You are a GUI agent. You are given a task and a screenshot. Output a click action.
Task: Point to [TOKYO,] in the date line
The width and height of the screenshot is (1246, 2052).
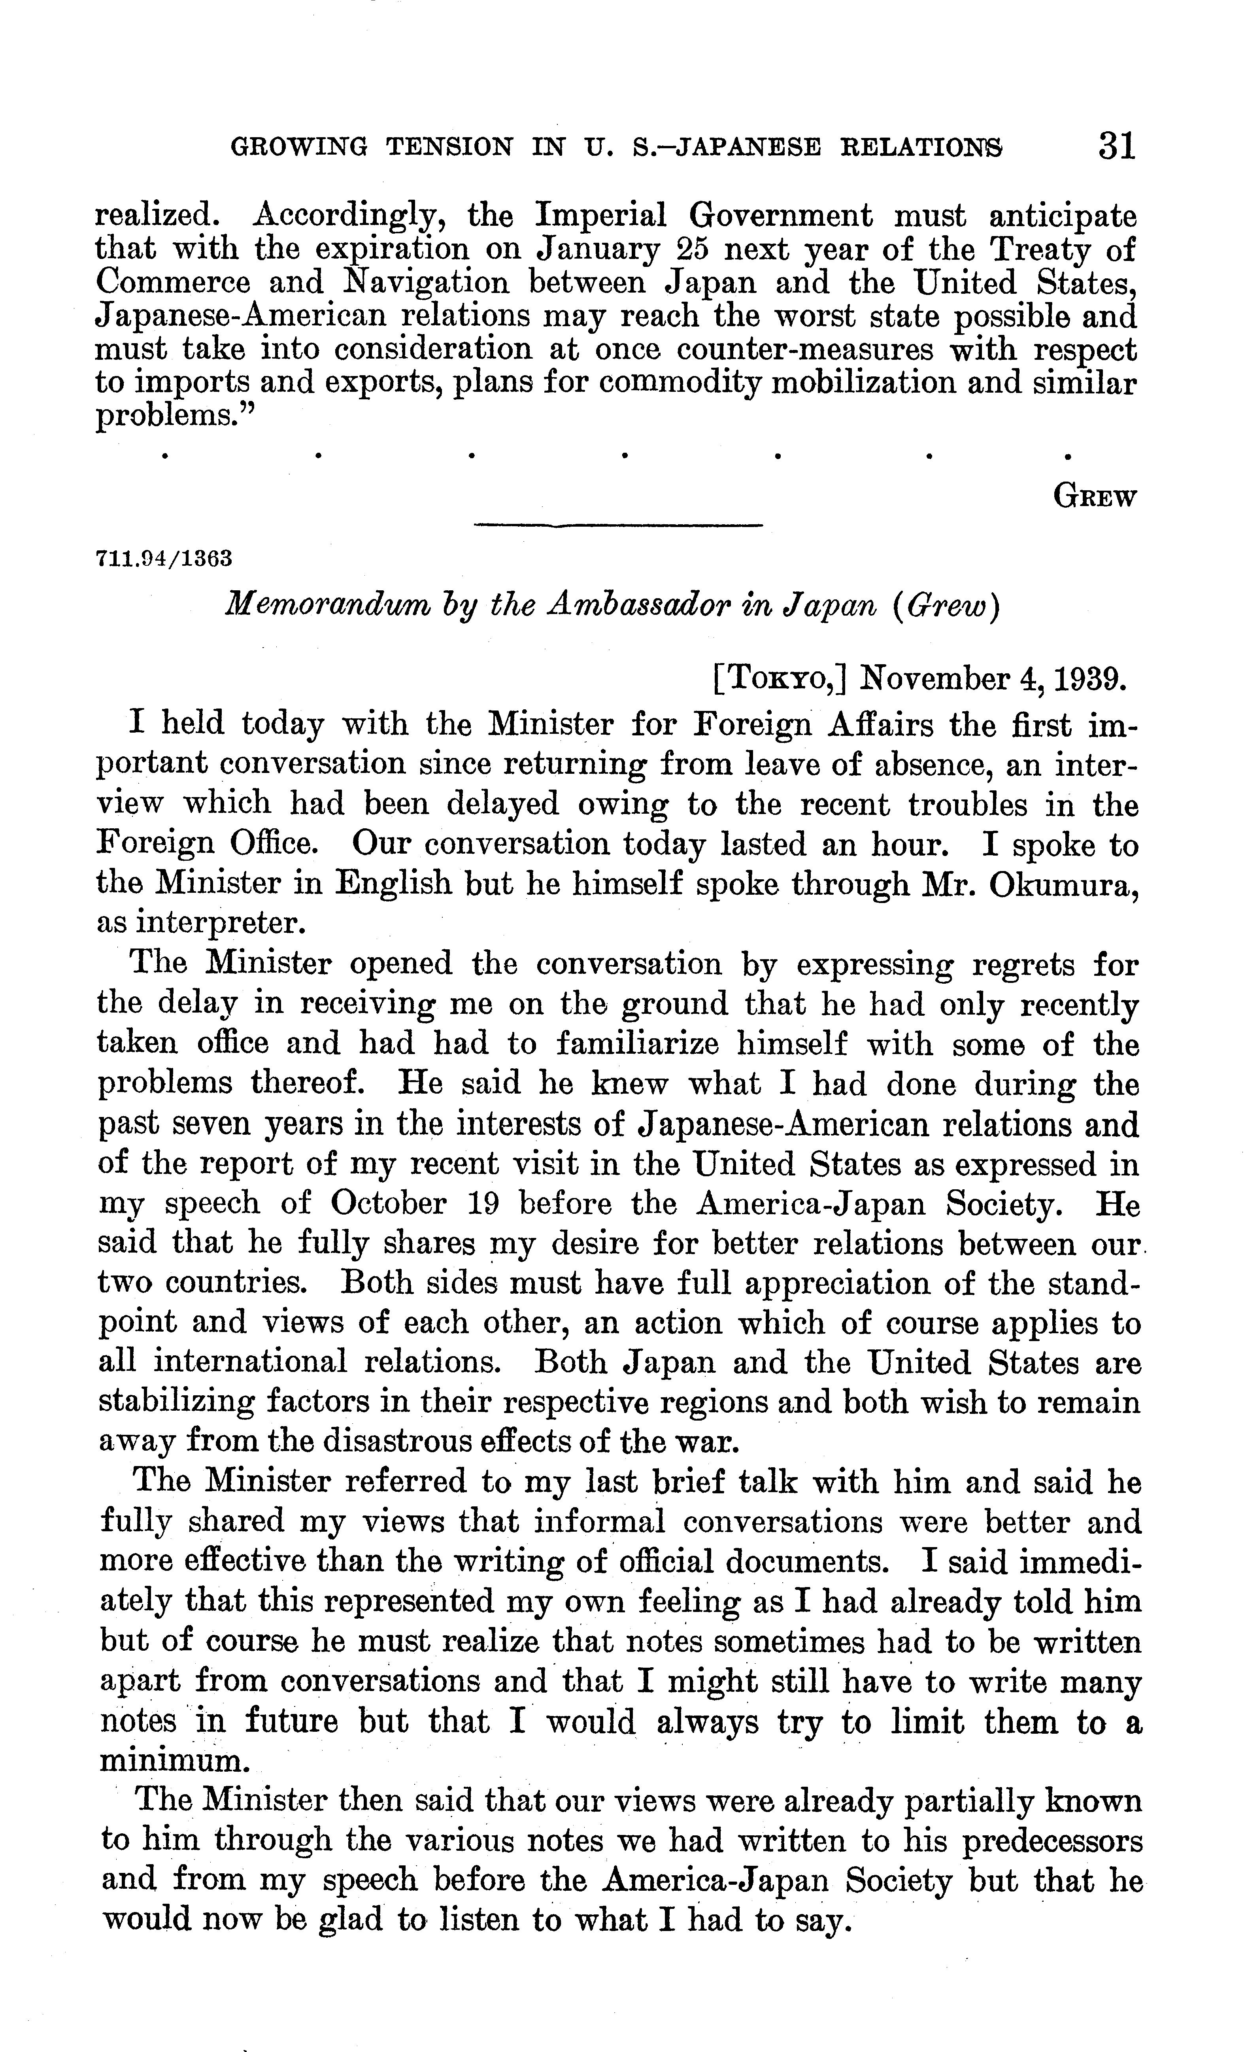pyautogui.click(x=780, y=679)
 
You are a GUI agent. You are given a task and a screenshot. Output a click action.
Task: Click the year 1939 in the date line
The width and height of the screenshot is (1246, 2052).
pyautogui.click(x=1092, y=679)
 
